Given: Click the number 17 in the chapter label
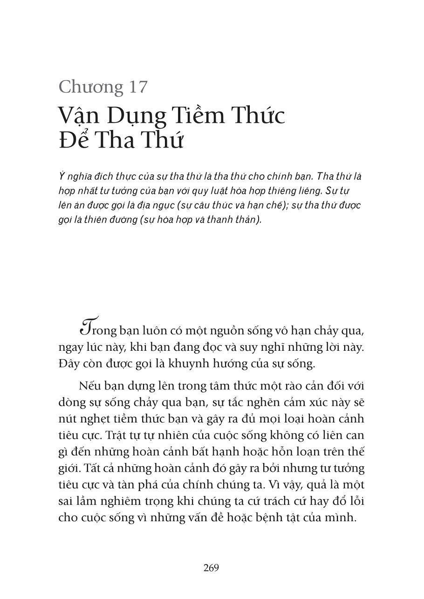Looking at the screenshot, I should pos(137,87).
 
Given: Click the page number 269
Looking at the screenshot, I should pos(211,568).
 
